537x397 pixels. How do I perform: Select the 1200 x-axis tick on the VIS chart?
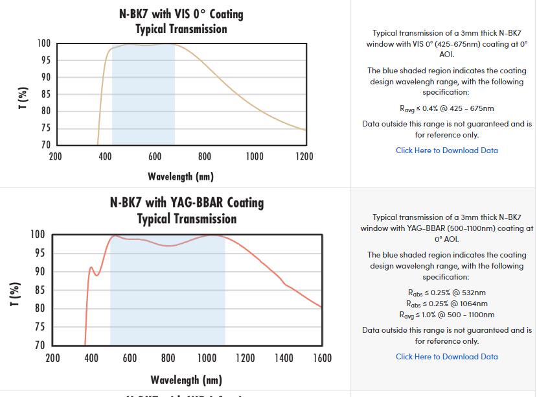304,156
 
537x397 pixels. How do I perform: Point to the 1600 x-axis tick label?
321,358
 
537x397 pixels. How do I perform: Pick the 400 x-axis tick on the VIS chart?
105,156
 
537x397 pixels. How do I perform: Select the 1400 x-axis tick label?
283,358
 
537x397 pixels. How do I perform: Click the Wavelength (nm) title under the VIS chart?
180,176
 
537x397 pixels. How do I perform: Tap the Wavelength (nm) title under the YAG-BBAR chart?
186,379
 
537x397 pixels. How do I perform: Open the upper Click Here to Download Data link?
447,150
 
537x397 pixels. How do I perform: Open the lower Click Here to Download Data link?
447,357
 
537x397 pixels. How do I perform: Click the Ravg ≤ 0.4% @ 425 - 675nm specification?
447,108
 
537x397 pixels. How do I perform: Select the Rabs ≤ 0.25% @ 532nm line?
447,293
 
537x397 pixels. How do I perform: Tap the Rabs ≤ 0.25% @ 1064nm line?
447,304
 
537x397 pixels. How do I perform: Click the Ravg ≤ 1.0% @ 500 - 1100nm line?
447,315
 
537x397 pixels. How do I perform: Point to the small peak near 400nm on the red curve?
91,267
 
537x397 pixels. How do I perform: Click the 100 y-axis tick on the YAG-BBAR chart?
38,234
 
